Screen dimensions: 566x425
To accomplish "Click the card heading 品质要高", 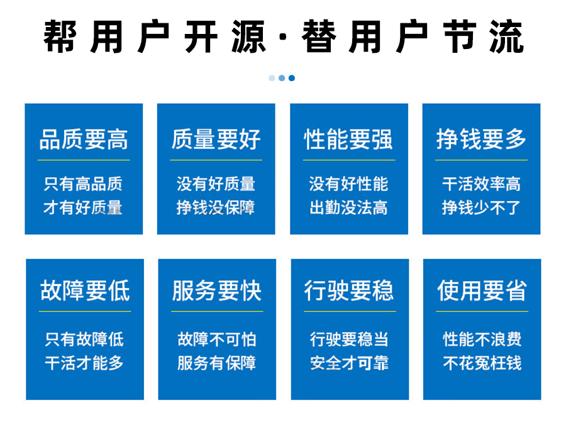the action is pos(84,140).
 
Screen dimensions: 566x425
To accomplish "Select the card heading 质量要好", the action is pos(216,140).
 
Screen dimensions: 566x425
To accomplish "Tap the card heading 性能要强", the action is pos(348,140).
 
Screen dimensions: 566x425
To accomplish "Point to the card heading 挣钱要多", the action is pos(481,140).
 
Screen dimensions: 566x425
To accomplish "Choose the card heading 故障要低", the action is pos(85,290).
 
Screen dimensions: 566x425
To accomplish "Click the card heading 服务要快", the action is pos(217,290).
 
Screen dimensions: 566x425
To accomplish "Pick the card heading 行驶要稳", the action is pos(350,290).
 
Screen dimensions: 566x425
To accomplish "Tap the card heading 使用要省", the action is pos(482,290).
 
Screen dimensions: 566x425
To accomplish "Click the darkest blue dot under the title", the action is pos(292,78).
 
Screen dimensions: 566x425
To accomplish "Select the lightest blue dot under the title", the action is pos(272,78).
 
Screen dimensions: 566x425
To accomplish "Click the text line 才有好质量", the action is pos(83,208).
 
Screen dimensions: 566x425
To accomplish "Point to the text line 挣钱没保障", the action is pos(216,208).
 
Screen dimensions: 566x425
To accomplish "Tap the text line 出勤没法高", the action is pos(348,208).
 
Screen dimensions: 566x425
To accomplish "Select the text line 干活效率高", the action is pos(481,184).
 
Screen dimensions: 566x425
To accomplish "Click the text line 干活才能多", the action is pos(84,363).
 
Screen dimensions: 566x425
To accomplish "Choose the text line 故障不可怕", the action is pos(217,339).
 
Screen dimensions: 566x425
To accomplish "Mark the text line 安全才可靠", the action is pos(350,363).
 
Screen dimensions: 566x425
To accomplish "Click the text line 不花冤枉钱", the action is pos(482,363).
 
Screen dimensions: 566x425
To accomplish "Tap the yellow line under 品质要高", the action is pos(84,160).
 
